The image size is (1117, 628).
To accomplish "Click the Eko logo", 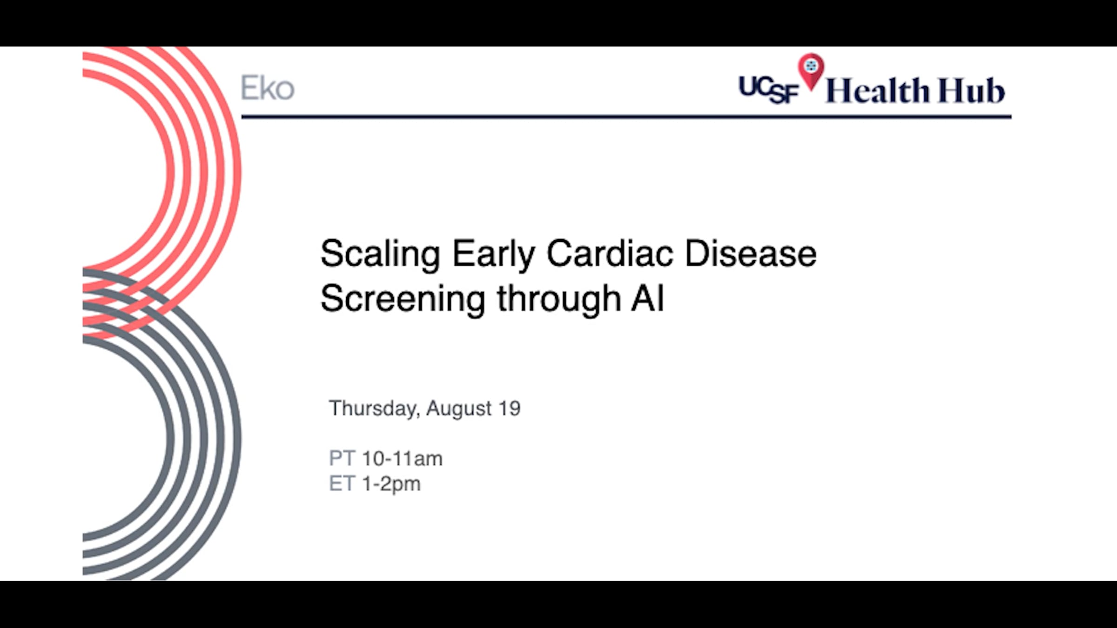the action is click(x=268, y=88).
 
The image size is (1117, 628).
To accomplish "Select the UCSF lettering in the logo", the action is click(x=769, y=90).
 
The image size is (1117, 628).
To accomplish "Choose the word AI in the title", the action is click(x=648, y=298).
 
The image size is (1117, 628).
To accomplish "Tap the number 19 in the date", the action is click(x=509, y=408).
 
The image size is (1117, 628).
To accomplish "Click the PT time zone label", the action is click(x=342, y=459).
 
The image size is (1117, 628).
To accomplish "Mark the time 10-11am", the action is click(x=402, y=459).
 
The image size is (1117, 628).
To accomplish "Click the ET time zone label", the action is click(x=342, y=484).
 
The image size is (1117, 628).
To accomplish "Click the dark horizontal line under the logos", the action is click(x=626, y=117).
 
